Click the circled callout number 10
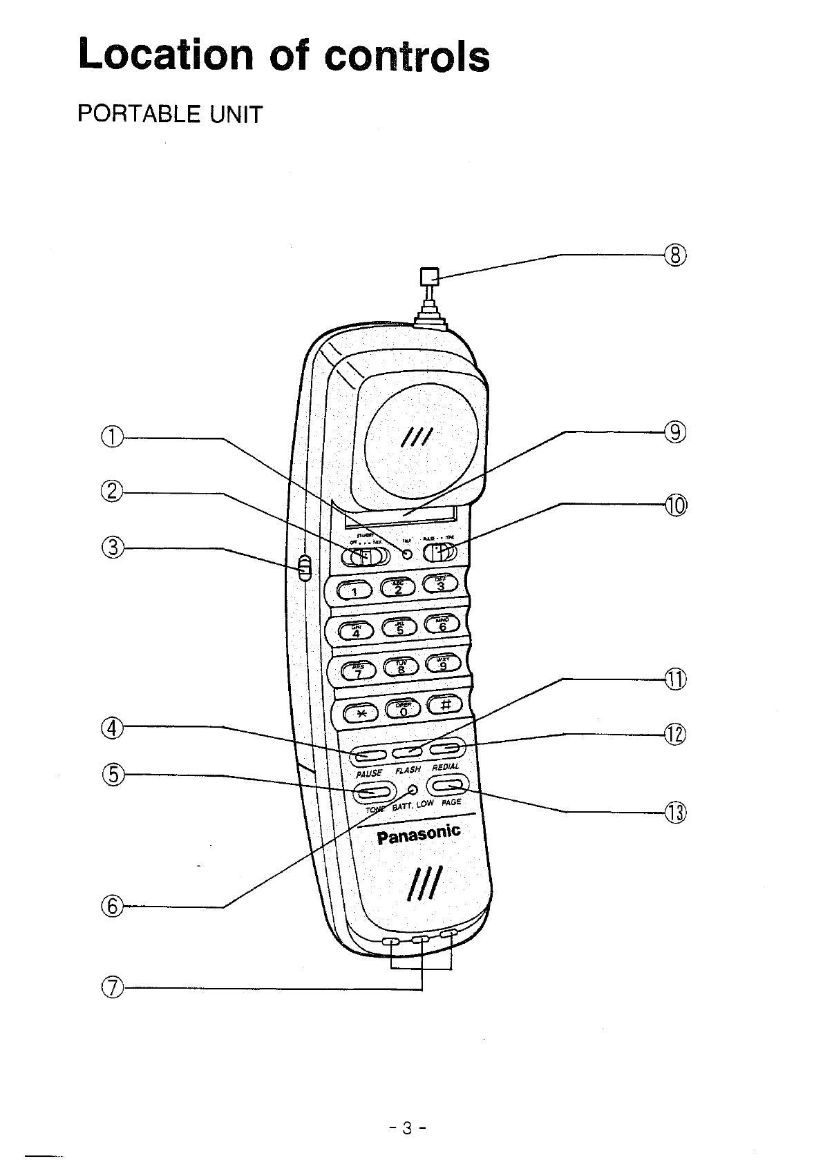(x=675, y=505)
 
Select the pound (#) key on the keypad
(x=446, y=704)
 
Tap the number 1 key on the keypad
(x=354, y=590)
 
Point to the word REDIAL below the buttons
(x=445, y=767)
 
